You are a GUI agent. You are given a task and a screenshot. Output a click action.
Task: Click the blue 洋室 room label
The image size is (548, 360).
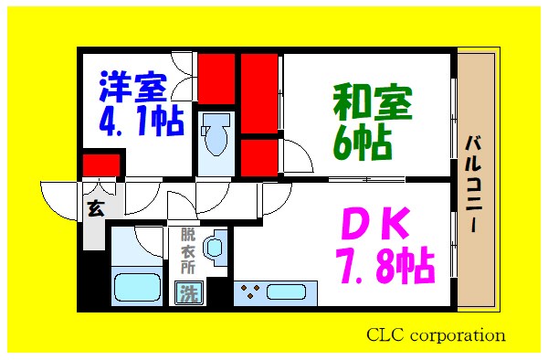click(x=133, y=89)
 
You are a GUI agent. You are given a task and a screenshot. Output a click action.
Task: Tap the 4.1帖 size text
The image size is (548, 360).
click(x=140, y=120)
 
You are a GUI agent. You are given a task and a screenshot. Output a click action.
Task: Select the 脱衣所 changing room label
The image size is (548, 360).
click(x=187, y=249)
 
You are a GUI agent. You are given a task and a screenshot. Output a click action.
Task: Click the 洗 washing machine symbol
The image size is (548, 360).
click(x=188, y=293)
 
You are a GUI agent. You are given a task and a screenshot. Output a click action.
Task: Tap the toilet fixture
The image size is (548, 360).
click(x=216, y=137)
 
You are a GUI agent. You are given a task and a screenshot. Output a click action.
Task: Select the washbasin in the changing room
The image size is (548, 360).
click(x=216, y=248)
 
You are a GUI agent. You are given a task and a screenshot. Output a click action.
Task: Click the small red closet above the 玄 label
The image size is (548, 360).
click(x=101, y=165)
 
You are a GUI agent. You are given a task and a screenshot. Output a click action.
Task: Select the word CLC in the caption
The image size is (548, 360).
click(x=386, y=334)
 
